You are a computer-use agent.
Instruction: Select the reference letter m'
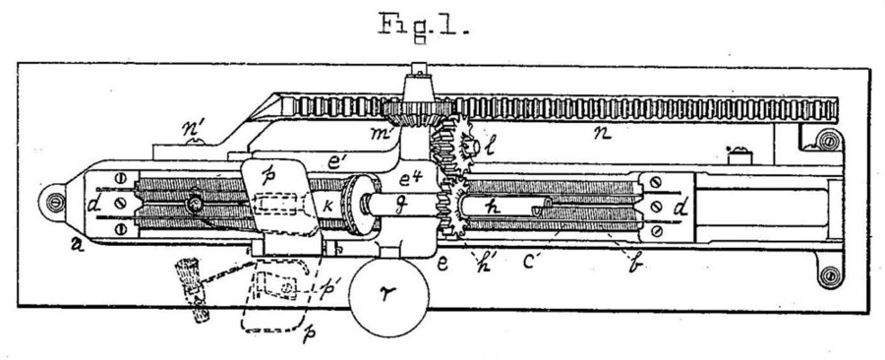click(x=377, y=132)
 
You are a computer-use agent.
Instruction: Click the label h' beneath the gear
click(x=484, y=263)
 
